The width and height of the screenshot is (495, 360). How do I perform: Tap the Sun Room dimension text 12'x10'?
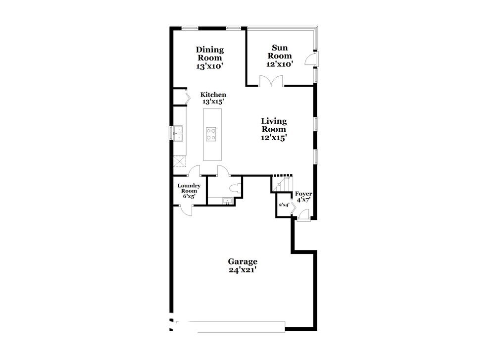click(280, 64)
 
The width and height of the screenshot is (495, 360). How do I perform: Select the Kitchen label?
click(213, 95)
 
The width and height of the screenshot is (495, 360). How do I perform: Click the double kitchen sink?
click(178, 133)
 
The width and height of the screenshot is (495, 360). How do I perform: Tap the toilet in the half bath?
click(237, 188)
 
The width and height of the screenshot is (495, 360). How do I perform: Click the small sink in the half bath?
click(227, 201)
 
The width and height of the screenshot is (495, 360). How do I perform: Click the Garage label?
click(242, 261)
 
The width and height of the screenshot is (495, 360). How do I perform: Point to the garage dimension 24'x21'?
click(242, 270)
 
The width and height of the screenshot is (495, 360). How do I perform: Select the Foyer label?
click(303, 194)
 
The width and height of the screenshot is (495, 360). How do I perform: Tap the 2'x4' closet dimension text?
click(284, 205)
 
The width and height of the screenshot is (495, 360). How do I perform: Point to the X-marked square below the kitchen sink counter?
click(179, 162)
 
